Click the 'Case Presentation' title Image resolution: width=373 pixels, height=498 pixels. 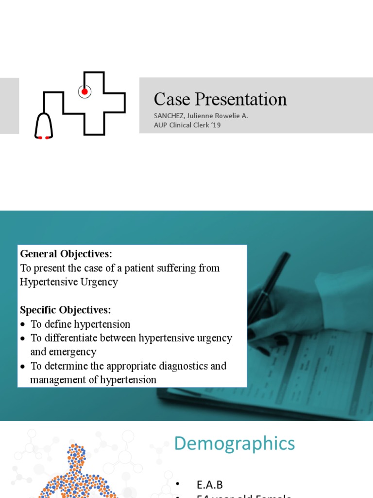coord(220,99)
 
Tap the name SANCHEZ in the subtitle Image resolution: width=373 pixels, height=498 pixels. coord(168,116)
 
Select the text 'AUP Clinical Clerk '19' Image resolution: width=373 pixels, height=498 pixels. coord(187,125)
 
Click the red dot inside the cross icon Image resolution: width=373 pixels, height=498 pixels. coord(85,91)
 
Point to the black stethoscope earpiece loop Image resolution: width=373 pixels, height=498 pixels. coord(43,126)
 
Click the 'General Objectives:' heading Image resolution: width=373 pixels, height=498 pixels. coord(66,254)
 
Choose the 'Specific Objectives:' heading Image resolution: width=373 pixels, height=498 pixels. coord(66,310)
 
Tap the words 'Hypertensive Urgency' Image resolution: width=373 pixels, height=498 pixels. coord(69,282)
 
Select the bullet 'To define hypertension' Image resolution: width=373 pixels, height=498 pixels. coord(81,324)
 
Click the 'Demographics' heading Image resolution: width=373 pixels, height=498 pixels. coord(234,444)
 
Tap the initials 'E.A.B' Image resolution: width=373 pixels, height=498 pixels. coord(209,484)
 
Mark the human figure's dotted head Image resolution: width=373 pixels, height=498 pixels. coord(76,455)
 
